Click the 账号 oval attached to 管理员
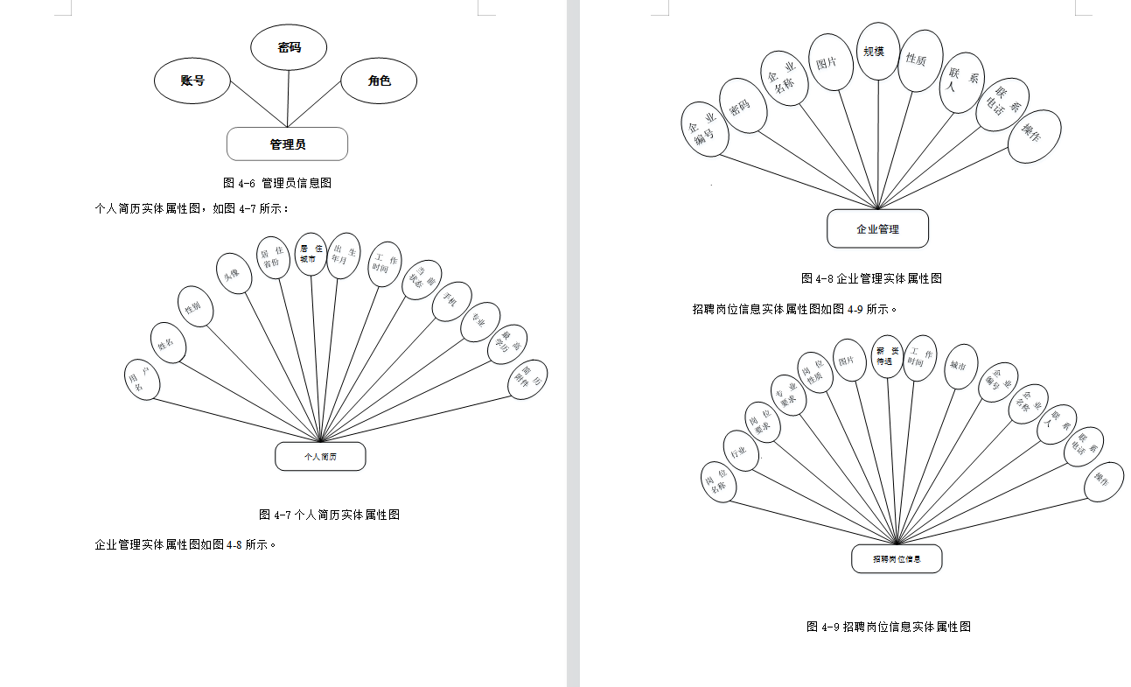point(192,81)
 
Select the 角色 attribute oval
point(379,81)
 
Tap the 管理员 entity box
point(287,144)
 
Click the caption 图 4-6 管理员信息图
point(277,183)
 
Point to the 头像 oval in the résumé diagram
point(234,275)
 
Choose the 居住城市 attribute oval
point(311,255)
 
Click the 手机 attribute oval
point(451,301)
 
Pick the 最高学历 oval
point(507,344)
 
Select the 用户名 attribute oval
point(143,380)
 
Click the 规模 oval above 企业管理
point(873,53)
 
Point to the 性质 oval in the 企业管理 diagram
point(919,60)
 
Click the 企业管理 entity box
point(877,229)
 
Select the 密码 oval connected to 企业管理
point(744,106)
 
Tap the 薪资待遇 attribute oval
point(886,356)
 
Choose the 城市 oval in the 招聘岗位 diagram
point(960,367)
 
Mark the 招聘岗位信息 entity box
point(897,559)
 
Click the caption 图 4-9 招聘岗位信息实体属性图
point(889,627)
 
